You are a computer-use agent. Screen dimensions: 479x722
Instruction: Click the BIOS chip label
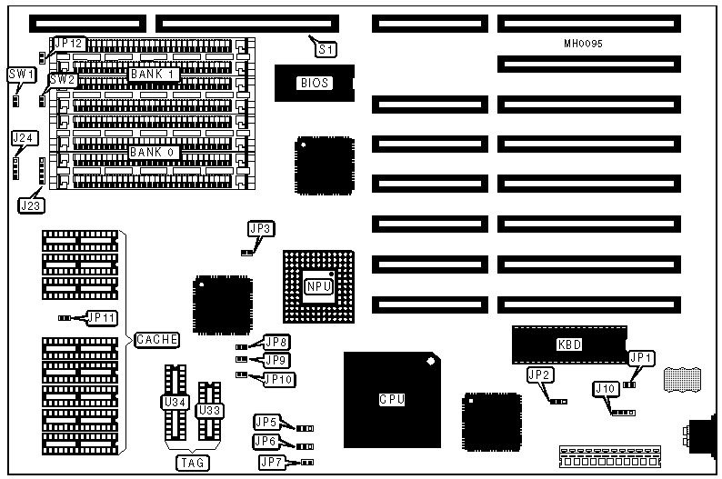pyautogui.click(x=314, y=84)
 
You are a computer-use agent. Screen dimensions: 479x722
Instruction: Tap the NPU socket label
pyautogui.click(x=318, y=286)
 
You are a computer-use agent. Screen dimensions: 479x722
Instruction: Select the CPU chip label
pyautogui.click(x=391, y=399)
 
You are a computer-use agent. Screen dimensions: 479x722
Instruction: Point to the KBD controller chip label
pyautogui.click(x=568, y=344)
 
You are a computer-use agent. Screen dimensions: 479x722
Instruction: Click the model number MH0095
pyautogui.click(x=583, y=43)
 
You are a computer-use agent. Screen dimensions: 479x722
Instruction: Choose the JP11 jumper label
pyautogui.click(x=100, y=317)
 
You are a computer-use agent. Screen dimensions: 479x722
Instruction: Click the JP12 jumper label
pyautogui.click(x=69, y=43)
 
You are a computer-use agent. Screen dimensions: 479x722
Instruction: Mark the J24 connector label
pyautogui.click(x=24, y=137)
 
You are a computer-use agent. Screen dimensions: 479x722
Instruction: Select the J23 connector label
pyautogui.click(x=30, y=205)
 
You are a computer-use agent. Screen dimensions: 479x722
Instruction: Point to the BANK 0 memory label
pyautogui.click(x=152, y=152)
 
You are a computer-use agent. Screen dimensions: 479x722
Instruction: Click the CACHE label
pyautogui.click(x=156, y=340)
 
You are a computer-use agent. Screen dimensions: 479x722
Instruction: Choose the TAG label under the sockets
pyautogui.click(x=192, y=463)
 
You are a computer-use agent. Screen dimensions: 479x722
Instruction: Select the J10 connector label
pyautogui.click(x=605, y=390)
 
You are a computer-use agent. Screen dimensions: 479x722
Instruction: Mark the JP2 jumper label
pyautogui.click(x=538, y=374)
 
